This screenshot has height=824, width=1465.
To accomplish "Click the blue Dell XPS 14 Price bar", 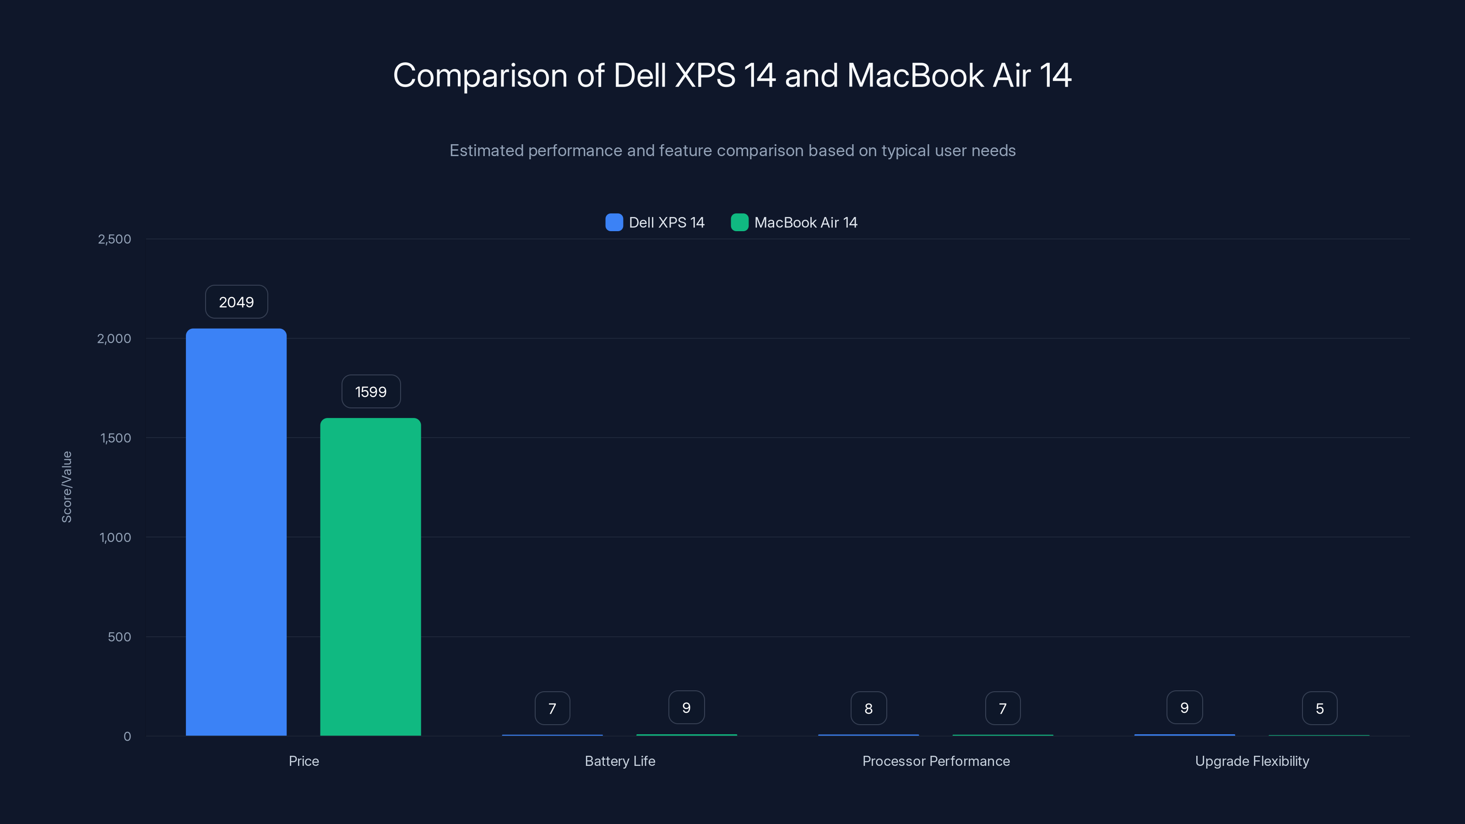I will (x=236, y=531).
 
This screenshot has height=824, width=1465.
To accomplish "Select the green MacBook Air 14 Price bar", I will (x=370, y=577).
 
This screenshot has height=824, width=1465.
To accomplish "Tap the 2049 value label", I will (x=237, y=302).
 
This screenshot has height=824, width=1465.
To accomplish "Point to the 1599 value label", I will (x=371, y=392).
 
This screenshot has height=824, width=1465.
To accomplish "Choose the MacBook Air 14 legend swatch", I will (x=739, y=222).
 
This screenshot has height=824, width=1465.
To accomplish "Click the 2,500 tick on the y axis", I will (x=114, y=239).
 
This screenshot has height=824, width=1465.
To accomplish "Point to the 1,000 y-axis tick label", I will (x=115, y=537).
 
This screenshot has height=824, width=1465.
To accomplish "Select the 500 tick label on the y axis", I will (x=119, y=637).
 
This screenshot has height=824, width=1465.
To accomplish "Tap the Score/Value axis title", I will (x=66, y=487).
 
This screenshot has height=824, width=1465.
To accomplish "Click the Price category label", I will (x=304, y=761).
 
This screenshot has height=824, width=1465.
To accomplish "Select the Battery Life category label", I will (x=620, y=761).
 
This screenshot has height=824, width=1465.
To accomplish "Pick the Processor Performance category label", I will (x=936, y=761).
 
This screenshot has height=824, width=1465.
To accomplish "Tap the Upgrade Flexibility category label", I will (x=1252, y=761).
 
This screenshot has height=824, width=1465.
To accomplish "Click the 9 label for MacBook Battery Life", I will (x=686, y=707).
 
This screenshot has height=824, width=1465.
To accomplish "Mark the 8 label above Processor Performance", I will (x=868, y=709).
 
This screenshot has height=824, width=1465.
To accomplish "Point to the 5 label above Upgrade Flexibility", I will (x=1319, y=709).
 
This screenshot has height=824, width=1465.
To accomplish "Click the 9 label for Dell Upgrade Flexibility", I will (x=1185, y=707).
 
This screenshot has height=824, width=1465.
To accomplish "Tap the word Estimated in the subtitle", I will (x=486, y=151).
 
